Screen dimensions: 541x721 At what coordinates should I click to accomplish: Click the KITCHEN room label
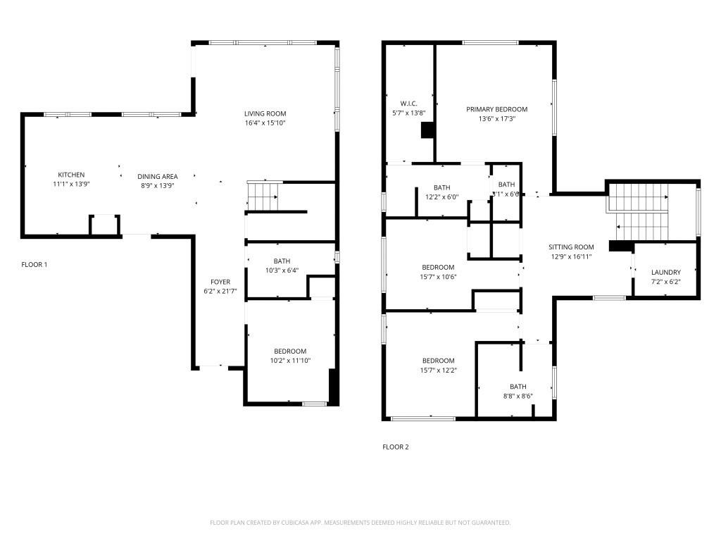71,175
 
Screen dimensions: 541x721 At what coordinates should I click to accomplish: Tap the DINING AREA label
157,176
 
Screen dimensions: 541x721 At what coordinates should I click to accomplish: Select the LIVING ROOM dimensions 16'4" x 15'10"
265,123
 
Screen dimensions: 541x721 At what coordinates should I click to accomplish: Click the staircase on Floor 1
264,197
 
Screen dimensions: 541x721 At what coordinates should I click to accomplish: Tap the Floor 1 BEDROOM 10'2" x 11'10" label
290,352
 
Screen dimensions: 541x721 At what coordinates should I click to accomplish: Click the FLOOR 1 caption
35,265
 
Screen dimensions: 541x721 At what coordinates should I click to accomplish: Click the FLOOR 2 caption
395,447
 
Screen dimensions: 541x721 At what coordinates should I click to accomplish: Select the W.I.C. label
409,104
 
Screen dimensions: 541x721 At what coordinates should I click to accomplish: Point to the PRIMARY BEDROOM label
496,109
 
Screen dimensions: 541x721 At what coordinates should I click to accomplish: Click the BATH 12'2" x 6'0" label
441,187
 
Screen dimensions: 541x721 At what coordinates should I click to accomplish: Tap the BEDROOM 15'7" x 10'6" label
438,268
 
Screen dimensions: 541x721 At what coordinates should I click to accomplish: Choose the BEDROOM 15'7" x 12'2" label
438,361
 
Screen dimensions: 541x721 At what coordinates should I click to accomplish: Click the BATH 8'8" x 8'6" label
518,387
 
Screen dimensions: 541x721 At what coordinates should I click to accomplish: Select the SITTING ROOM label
571,247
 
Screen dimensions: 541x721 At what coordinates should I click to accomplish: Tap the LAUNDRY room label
665,273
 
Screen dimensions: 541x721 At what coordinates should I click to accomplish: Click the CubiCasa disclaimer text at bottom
360,523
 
